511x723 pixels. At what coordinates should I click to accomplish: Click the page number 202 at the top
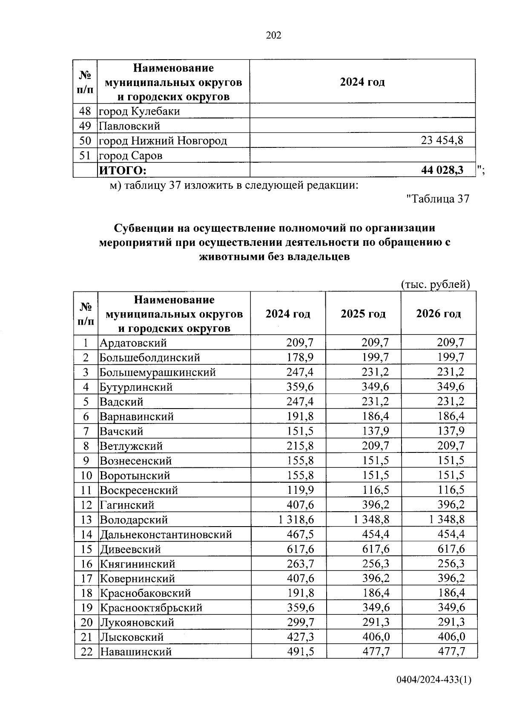(273, 35)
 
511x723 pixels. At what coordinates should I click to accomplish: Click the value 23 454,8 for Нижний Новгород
(442, 140)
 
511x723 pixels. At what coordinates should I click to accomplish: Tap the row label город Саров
(131, 156)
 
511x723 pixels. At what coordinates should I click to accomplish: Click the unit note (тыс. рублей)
(435, 284)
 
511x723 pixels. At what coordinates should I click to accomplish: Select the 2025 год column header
(363, 314)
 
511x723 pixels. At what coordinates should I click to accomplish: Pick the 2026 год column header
(438, 314)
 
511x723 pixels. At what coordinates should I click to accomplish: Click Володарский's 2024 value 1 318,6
(296, 519)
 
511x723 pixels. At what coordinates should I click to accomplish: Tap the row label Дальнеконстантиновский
(166, 534)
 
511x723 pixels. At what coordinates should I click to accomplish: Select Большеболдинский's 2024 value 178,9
(300, 357)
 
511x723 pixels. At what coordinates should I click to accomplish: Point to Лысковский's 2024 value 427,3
(300, 637)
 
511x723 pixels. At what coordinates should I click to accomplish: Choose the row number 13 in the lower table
(86, 520)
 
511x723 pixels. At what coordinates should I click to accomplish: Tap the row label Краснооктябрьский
(151, 608)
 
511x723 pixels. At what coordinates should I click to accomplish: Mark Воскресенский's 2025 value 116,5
(375, 490)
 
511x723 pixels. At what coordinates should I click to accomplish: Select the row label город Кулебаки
(139, 111)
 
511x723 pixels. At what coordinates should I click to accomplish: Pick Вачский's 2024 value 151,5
(300, 431)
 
